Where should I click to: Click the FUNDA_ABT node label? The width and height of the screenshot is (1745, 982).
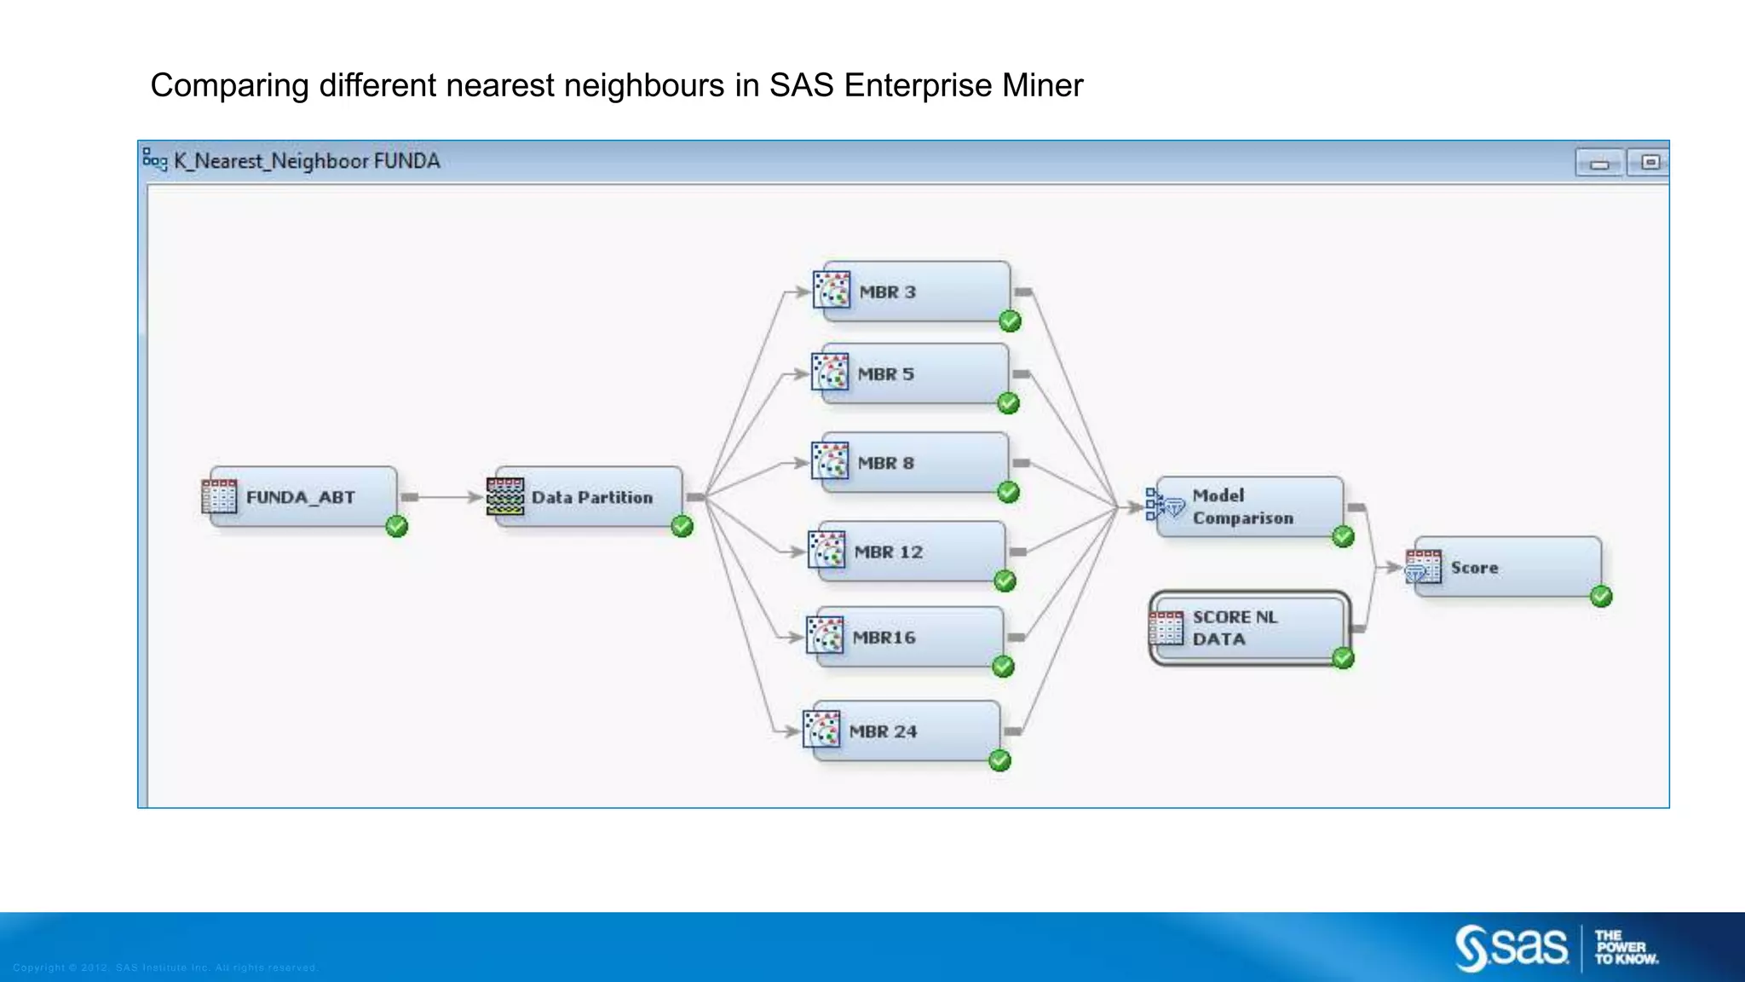pos(300,498)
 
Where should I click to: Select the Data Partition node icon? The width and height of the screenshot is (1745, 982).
pos(505,497)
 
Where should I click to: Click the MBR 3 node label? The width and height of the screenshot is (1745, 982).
pos(887,292)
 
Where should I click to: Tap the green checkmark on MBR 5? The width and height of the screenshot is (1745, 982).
pos(1008,403)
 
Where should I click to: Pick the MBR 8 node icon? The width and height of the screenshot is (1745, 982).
pos(830,462)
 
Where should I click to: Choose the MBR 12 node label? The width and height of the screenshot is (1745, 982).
pos(888,552)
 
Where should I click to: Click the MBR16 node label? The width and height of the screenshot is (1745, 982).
pos(884,638)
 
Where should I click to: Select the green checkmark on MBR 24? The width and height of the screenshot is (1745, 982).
pos(999,760)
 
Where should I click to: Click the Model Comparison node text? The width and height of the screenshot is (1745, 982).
pos(1242,506)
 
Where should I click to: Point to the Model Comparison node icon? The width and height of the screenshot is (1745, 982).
pos(1165,505)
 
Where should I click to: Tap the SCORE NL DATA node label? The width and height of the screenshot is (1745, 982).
pos(1235,628)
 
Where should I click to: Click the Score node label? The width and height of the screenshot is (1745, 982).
pos(1474,568)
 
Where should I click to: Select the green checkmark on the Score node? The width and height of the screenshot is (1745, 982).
pos(1601,597)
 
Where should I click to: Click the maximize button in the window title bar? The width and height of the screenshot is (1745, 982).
pos(1650,162)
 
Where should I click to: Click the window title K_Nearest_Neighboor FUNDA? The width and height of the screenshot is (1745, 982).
pos(307,161)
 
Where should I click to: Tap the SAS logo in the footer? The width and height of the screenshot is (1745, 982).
pos(1512,947)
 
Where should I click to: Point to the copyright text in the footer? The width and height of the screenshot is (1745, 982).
pos(165,968)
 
